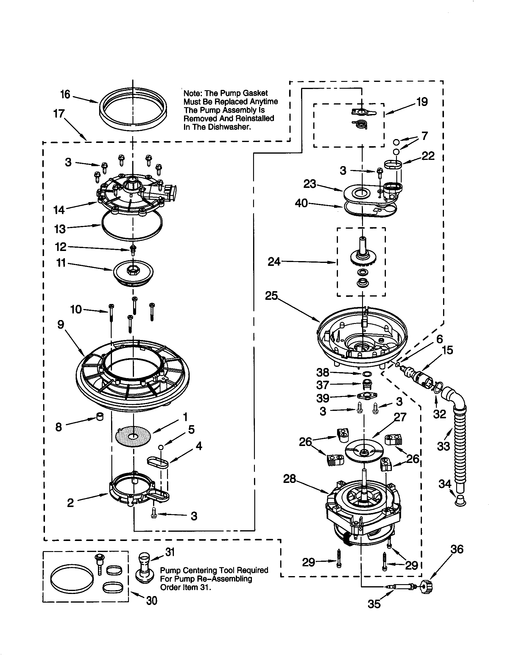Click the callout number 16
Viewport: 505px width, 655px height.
click(x=65, y=94)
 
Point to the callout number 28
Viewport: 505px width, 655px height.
click(x=290, y=479)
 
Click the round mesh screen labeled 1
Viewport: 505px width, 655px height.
click(x=133, y=436)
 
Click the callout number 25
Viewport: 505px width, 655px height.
click(x=271, y=296)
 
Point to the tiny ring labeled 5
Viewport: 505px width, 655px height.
click(x=161, y=447)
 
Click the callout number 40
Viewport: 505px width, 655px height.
click(x=301, y=203)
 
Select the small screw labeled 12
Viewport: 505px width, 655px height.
click(x=133, y=249)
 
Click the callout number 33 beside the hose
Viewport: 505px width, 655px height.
click(x=444, y=446)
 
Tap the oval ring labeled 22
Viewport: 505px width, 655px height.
click(x=393, y=164)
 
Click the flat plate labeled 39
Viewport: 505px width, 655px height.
click(x=367, y=396)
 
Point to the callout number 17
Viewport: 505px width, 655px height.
click(x=59, y=114)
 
